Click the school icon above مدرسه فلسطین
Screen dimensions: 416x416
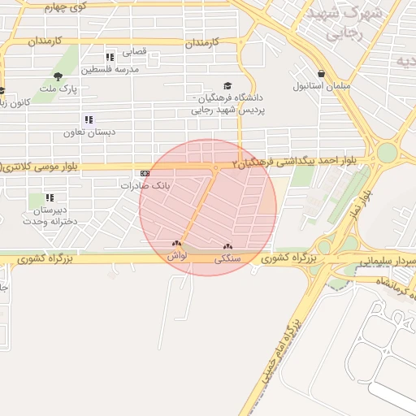tap(110, 57)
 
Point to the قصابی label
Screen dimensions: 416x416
tap(134, 51)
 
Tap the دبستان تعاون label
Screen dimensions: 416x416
tap(90, 132)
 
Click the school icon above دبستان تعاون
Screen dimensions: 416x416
tap(89, 119)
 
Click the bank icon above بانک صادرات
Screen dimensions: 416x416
tap(145, 173)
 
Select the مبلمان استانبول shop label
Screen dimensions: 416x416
tap(321, 85)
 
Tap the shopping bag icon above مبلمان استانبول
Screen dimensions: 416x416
tap(322, 73)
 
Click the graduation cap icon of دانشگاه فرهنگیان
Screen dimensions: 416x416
tap(227, 85)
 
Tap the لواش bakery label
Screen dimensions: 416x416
tap(177, 255)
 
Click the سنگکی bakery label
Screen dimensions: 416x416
tap(227, 258)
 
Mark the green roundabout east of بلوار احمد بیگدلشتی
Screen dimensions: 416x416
tap(387, 152)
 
